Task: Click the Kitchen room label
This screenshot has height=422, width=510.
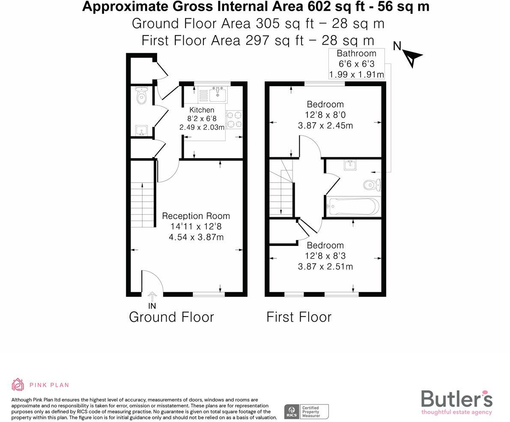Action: (x=201, y=110)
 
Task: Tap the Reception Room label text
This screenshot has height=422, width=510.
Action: (x=196, y=216)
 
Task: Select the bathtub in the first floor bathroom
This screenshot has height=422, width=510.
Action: (x=353, y=207)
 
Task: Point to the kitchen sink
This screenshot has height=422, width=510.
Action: (x=218, y=93)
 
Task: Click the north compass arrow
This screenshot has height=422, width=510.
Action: (x=412, y=57)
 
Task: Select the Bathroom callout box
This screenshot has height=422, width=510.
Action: (x=356, y=64)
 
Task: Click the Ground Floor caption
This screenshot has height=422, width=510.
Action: (x=171, y=317)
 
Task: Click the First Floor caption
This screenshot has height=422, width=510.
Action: (x=299, y=317)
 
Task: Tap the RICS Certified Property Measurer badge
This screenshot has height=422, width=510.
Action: (x=306, y=412)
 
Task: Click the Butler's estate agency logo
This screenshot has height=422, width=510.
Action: (x=456, y=402)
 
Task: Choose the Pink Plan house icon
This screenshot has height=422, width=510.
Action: (x=18, y=384)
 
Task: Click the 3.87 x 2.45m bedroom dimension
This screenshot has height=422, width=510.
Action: (x=325, y=126)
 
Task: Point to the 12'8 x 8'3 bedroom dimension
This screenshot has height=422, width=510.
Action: (x=325, y=256)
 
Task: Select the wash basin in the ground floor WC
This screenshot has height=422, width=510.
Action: (x=141, y=130)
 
